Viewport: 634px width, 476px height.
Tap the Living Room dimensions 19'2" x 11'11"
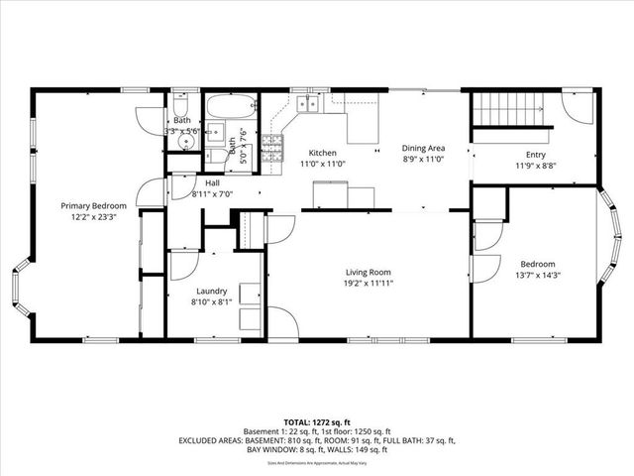tap(369, 286)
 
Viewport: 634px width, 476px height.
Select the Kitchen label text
tap(323, 153)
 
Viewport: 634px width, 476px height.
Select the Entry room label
tap(535, 154)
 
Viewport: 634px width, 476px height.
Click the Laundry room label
tap(212, 292)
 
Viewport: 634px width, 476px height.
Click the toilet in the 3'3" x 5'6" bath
tap(180, 104)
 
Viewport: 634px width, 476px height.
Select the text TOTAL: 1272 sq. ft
tap(317, 421)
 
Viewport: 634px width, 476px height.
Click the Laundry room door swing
tap(183, 266)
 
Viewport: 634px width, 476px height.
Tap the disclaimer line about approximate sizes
tap(317, 462)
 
